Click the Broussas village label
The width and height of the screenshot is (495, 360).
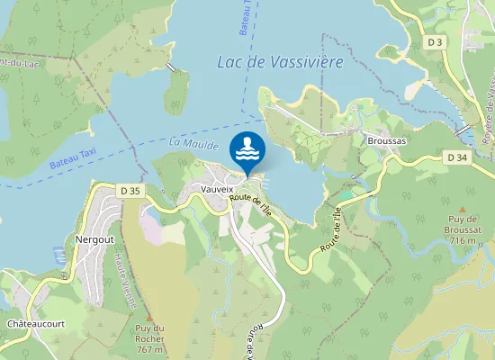387,141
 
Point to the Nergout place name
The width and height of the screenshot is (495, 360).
94,240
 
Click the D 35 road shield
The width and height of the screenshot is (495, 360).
130,190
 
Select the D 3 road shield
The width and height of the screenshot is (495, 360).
436,41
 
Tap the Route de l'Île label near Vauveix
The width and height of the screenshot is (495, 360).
252,205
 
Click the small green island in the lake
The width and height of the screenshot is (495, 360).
177,90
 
